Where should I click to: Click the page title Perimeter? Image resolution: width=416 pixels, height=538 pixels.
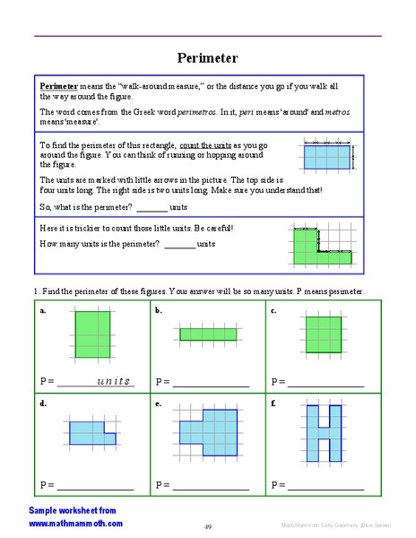click(x=207, y=57)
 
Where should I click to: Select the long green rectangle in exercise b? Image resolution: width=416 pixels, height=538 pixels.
click(x=207, y=334)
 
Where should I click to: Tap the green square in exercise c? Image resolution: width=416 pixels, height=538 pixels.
click(x=323, y=334)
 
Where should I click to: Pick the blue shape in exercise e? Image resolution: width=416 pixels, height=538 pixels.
click(x=208, y=432)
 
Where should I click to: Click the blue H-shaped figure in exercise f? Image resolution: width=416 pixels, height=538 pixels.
click(x=323, y=430)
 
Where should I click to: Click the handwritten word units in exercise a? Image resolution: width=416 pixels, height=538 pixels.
click(x=113, y=381)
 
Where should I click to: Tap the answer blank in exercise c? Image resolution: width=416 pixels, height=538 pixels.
click(x=325, y=384)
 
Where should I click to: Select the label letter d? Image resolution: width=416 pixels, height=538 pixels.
click(x=43, y=404)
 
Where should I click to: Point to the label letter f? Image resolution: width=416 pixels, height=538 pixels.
click(x=273, y=404)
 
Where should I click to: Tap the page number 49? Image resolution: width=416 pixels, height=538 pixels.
click(x=207, y=526)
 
